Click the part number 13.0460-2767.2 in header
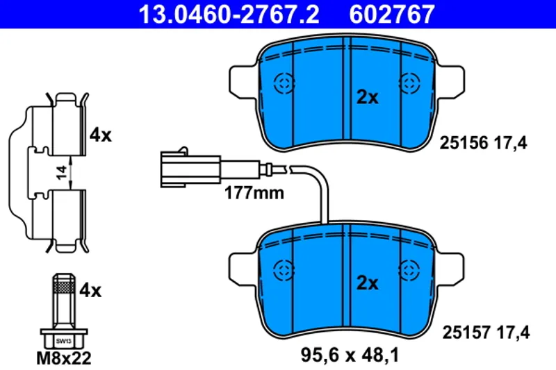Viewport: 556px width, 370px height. coord(229,14)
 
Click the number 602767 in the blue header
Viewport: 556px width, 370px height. coord(392,14)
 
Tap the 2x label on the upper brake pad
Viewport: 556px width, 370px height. coord(368,96)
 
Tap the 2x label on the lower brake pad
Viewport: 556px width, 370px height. coord(368,283)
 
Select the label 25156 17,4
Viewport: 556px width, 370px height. coord(483,143)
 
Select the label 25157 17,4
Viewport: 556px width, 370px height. coord(486,333)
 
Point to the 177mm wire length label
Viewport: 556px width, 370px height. coord(254,193)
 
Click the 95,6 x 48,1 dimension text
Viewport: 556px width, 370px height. coord(350,355)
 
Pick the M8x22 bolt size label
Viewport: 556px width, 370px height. coord(64,358)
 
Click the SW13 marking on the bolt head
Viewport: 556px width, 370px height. coord(64,342)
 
